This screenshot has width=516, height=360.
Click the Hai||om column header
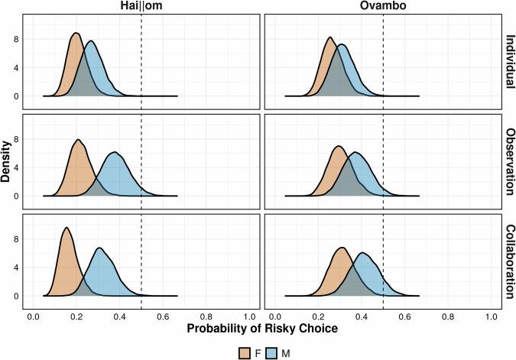pyautogui.click(x=141, y=7)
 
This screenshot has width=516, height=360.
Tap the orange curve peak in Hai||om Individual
pyautogui.click(x=75, y=33)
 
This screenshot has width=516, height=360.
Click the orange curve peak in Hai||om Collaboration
pyautogui.click(x=66, y=228)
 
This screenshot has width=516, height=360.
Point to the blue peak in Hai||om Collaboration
pyautogui.click(x=99, y=248)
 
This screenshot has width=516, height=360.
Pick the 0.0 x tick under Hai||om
pyautogui.click(x=33, y=315)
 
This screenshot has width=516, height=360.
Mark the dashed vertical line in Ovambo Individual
pyautogui.click(x=382, y=61)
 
